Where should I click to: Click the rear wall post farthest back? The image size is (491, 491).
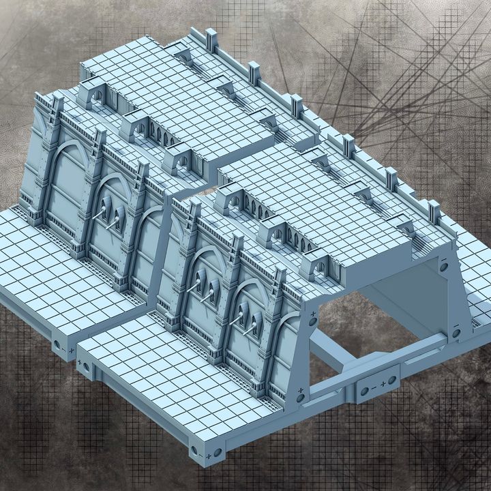(211, 40)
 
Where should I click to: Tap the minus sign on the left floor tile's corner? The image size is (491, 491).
(63, 350)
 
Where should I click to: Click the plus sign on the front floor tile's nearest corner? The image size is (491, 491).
(207, 455)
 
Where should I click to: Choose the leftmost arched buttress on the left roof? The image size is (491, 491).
(95, 94)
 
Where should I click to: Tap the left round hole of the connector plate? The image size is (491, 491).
(364, 391)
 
